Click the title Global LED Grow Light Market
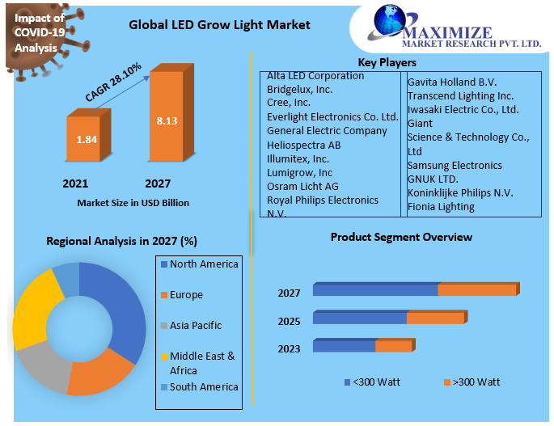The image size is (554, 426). click(219, 25)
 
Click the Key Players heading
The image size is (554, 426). click(387, 62)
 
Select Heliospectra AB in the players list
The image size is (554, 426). click(304, 145)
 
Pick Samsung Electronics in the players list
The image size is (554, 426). click(455, 166)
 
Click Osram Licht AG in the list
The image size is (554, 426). click(302, 186)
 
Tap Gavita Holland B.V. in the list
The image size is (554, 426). click(451, 82)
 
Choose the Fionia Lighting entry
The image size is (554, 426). click(441, 207)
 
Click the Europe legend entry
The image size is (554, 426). click(186, 295)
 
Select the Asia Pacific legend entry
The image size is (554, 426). click(195, 326)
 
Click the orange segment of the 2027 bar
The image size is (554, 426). click(476, 290)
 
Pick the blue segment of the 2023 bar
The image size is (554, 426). click(344, 346)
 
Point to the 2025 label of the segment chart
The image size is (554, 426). click(289, 322)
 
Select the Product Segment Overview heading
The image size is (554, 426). click(401, 238)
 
